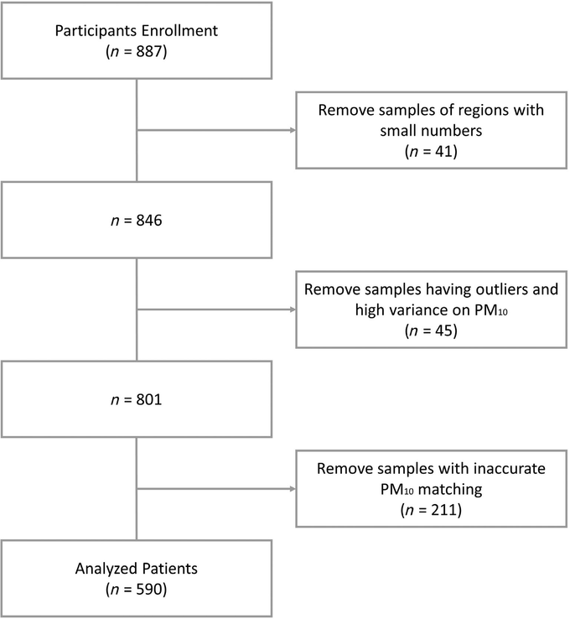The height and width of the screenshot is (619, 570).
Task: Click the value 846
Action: point(149,221)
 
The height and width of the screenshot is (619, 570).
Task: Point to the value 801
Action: point(149,399)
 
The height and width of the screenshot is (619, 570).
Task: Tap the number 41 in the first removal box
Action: point(443,151)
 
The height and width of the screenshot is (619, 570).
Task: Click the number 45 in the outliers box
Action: point(443,330)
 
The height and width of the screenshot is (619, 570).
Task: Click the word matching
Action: point(450,490)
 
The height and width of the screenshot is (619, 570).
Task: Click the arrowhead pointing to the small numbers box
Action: point(293,130)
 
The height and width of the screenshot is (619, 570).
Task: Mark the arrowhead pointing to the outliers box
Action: point(293,309)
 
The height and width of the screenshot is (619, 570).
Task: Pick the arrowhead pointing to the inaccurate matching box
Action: point(293,489)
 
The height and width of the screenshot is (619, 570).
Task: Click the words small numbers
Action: point(431,131)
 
